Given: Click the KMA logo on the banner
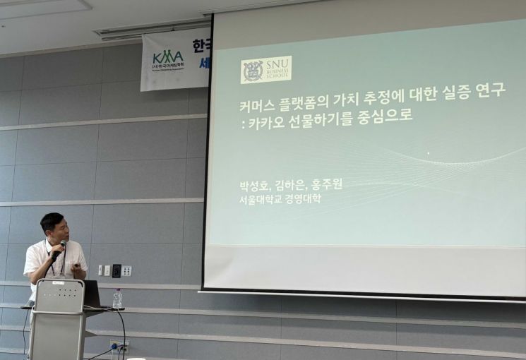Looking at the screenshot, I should point(168,58).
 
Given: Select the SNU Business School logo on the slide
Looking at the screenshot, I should point(265,70).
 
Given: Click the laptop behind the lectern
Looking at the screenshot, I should point(91,293).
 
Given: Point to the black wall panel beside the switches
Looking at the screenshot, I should point(116,271).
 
